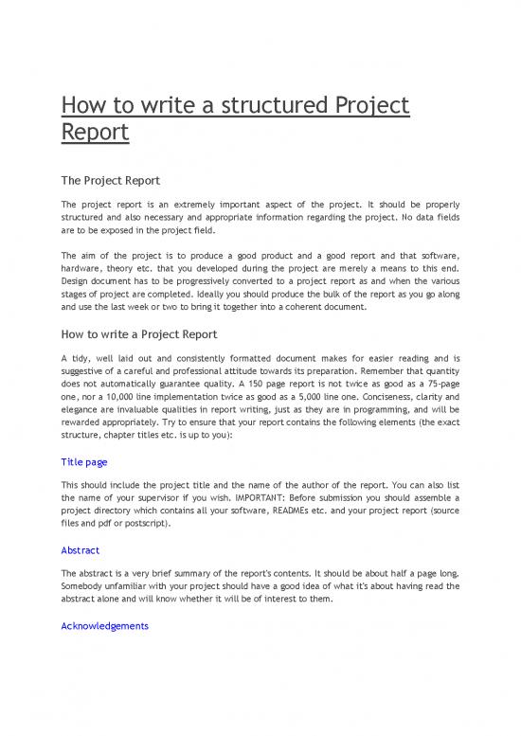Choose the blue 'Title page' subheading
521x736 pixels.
click(x=83, y=461)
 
